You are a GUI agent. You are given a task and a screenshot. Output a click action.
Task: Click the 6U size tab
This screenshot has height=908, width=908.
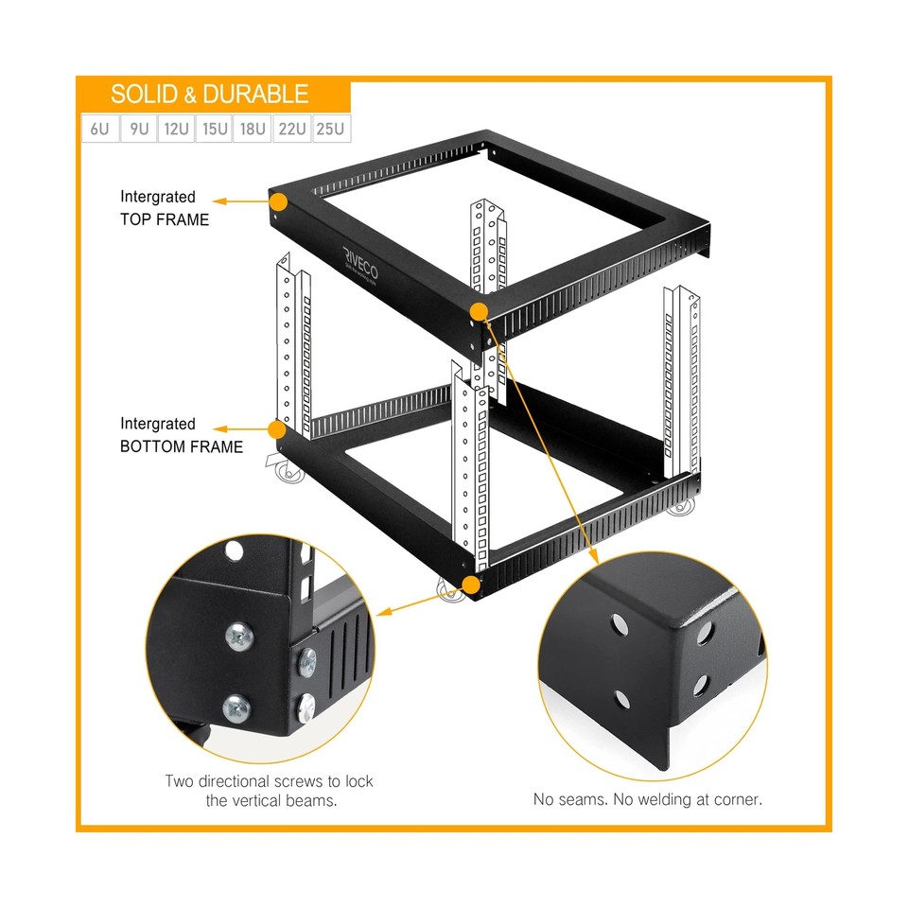(99, 129)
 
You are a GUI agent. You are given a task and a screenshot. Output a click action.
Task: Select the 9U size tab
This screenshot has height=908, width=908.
(138, 129)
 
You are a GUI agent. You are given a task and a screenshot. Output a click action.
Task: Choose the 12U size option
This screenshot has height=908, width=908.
(176, 129)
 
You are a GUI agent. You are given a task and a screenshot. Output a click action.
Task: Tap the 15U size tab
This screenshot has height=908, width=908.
(215, 129)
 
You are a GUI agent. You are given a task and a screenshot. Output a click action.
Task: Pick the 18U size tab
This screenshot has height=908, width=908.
(253, 129)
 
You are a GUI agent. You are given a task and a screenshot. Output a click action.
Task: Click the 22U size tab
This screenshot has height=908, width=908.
(291, 129)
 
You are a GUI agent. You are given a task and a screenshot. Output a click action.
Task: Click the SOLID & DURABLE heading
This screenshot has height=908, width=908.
(210, 95)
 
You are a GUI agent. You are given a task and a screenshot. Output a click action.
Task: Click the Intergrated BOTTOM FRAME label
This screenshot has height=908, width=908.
(181, 435)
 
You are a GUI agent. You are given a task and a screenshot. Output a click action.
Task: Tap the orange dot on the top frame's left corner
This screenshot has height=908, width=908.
(278, 201)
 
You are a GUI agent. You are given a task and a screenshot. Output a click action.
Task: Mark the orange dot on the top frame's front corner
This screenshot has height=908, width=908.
(480, 312)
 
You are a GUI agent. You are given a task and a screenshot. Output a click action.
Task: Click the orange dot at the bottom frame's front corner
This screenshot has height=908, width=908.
(470, 584)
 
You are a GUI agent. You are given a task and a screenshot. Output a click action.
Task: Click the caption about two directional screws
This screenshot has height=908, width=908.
(269, 791)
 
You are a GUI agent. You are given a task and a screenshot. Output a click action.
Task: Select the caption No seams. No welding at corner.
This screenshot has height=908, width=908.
(647, 799)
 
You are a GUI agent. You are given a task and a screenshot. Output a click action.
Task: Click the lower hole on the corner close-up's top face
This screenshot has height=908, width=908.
(621, 699)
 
